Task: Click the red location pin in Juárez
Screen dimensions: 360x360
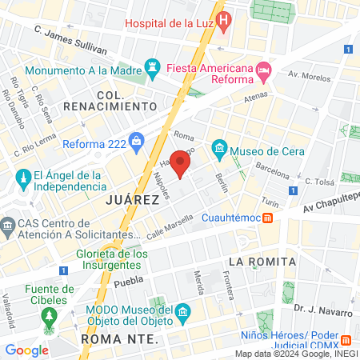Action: pos(181,163)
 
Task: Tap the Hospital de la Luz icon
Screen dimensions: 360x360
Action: pos(224,18)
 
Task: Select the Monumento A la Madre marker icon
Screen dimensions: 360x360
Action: pos(152,65)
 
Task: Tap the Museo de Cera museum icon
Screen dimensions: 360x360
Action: pos(218,149)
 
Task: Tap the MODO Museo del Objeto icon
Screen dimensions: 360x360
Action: pos(183,310)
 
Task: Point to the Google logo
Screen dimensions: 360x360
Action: pos(26,350)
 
